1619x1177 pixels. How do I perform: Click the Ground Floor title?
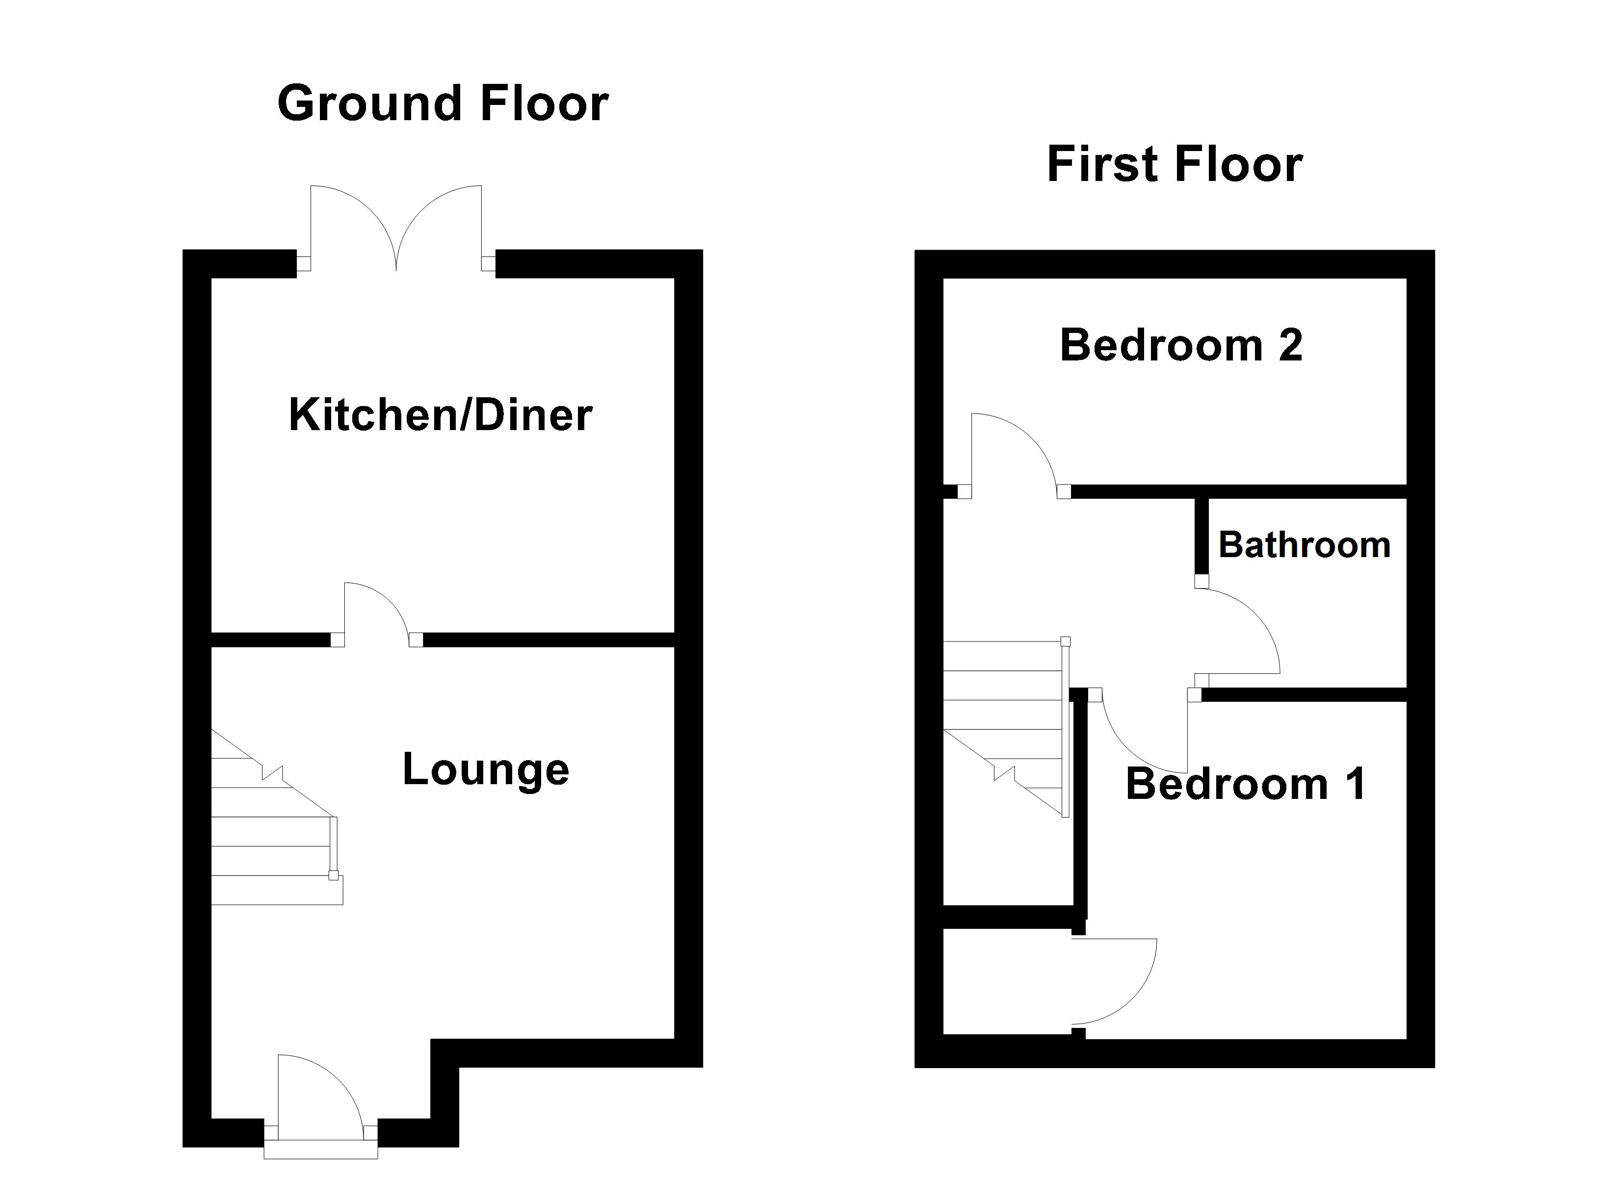[443, 104]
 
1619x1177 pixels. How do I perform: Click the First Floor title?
[1175, 165]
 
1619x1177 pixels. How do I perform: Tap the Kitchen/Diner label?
[441, 415]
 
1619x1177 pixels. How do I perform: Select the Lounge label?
[485, 770]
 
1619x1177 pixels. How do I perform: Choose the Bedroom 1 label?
[1246, 784]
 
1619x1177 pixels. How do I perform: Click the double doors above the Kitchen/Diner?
[396, 229]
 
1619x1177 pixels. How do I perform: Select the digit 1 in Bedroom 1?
[1355, 784]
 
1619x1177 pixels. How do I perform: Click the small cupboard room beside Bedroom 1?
[1007, 981]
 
